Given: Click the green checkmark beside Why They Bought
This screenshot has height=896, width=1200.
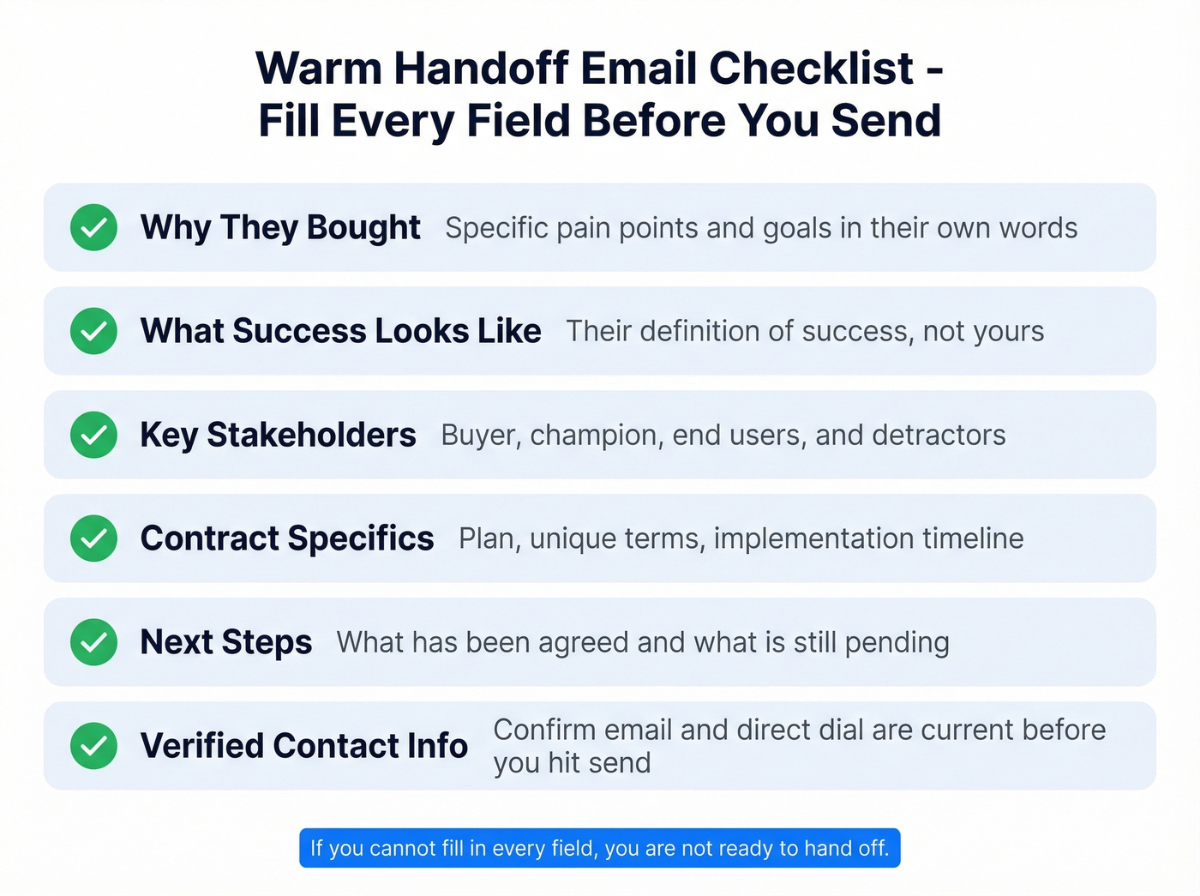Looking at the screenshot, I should click(x=93, y=227).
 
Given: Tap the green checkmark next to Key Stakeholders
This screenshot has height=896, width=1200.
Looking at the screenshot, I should click(x=93, y=435).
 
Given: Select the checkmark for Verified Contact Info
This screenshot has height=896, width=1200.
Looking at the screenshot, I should click(x=93, y=745).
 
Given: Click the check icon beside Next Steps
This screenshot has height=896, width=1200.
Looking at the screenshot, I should click(x=93, y=642).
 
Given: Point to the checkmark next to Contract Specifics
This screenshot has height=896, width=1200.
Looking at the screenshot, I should click(x=93, y=538).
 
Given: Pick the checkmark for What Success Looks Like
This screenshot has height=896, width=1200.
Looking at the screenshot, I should click(x=93, y=331).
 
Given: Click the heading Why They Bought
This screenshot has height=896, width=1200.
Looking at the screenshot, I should click(x=280, y=227).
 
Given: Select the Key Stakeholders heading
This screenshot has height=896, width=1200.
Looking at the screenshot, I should click(x=278, y=435).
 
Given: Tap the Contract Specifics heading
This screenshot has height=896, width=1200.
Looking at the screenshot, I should click(x=287, y=538).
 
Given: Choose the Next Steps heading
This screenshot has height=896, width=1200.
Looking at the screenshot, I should click(x=226, y=642).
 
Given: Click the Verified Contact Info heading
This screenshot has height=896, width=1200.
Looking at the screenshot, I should click(x=304, y=745).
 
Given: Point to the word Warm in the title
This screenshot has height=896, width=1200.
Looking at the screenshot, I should click(x=319, y=69).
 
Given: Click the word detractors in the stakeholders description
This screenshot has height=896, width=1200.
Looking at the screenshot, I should click(x=939, y=435).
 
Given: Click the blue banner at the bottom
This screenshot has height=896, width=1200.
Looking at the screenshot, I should click(x=600, y=848).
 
